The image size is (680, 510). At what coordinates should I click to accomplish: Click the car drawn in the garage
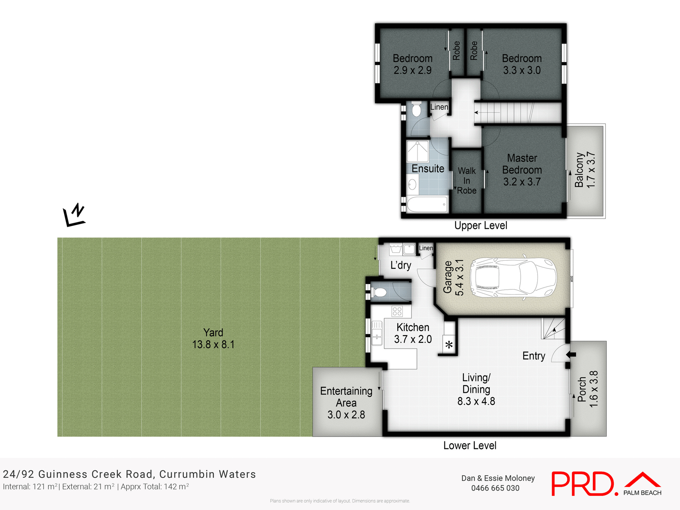513,278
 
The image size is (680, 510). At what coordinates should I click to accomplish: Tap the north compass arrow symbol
74,215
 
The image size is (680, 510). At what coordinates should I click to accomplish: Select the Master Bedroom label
522,170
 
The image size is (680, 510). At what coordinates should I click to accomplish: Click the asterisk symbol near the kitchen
449,345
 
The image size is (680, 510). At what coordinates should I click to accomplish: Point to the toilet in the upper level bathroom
416,110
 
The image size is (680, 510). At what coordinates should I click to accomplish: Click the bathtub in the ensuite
427,204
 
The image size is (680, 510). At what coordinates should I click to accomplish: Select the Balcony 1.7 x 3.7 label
585,170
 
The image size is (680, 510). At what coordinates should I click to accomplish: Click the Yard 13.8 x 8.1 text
213,338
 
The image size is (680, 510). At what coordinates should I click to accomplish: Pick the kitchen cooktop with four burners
397,311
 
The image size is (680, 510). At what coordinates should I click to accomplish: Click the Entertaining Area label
346,403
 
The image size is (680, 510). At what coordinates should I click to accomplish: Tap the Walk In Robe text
466,181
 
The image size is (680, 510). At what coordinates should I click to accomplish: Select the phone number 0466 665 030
495,488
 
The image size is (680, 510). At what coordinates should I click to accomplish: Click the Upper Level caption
481,226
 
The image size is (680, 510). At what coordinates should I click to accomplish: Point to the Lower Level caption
470,446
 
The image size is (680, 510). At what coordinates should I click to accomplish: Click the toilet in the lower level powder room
379,293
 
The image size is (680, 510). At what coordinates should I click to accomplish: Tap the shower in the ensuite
418,152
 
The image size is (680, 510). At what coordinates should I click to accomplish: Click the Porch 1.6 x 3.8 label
588,389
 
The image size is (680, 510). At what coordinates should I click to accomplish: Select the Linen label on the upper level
439,107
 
